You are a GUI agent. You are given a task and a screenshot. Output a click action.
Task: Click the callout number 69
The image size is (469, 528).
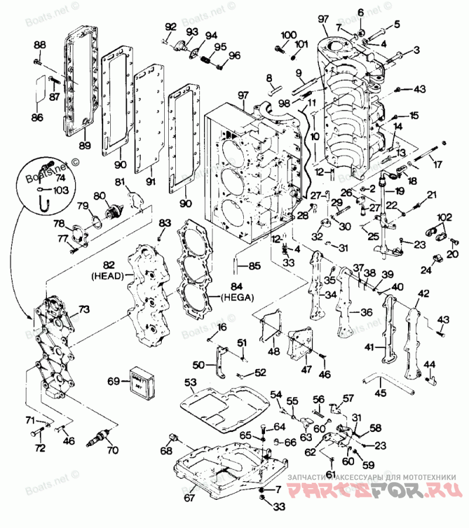114,381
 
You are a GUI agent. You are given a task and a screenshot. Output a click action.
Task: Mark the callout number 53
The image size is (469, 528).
191,383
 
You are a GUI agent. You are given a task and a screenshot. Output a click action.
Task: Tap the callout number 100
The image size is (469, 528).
288,35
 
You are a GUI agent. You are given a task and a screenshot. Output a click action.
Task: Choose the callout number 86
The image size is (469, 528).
37,118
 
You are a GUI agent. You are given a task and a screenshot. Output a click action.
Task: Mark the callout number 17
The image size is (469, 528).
437,165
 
